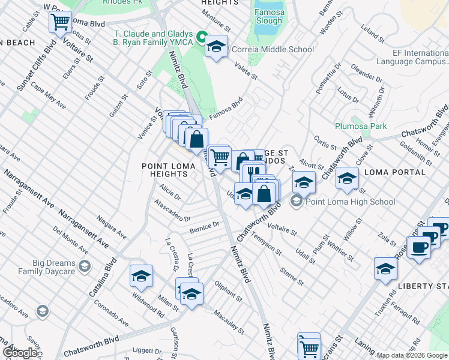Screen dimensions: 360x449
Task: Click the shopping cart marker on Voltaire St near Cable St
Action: (59, 23)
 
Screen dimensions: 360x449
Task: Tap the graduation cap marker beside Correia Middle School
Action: (216, 46)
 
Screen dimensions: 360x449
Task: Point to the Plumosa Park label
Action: (361, 126)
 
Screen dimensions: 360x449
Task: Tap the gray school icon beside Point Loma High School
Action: (297, 202)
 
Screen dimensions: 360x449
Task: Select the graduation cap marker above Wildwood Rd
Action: (141, 276)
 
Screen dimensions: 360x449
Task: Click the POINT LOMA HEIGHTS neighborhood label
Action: (165, 170)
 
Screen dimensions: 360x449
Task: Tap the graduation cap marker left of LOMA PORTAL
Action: (346, 178)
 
